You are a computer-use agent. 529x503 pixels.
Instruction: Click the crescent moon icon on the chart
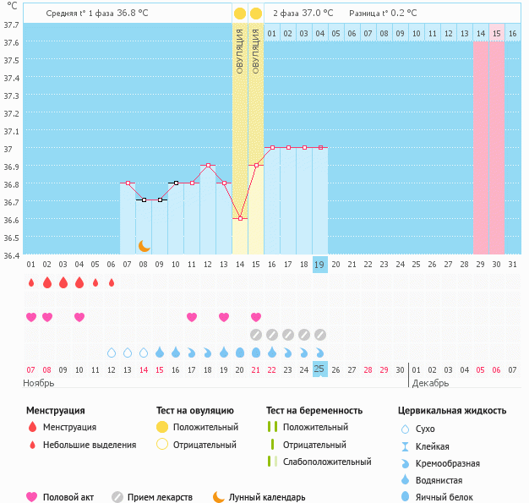tap(145, 245)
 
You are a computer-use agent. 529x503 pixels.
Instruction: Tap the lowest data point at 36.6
tap(240, 219)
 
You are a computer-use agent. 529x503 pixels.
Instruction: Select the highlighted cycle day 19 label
tap(319, 265)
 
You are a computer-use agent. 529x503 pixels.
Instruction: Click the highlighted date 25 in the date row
tap(319, 369)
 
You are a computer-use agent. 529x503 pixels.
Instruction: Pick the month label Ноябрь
tap(38, 383)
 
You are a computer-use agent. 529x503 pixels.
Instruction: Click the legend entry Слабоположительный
tap(326, 462)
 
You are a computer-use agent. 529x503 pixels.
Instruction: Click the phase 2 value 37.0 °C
tap(317, 14)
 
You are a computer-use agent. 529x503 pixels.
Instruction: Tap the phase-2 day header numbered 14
tap(480, 33)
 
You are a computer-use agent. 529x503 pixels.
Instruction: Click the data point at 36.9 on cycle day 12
tap(208, 166)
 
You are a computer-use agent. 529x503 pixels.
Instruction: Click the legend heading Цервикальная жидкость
tap(452, 410)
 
